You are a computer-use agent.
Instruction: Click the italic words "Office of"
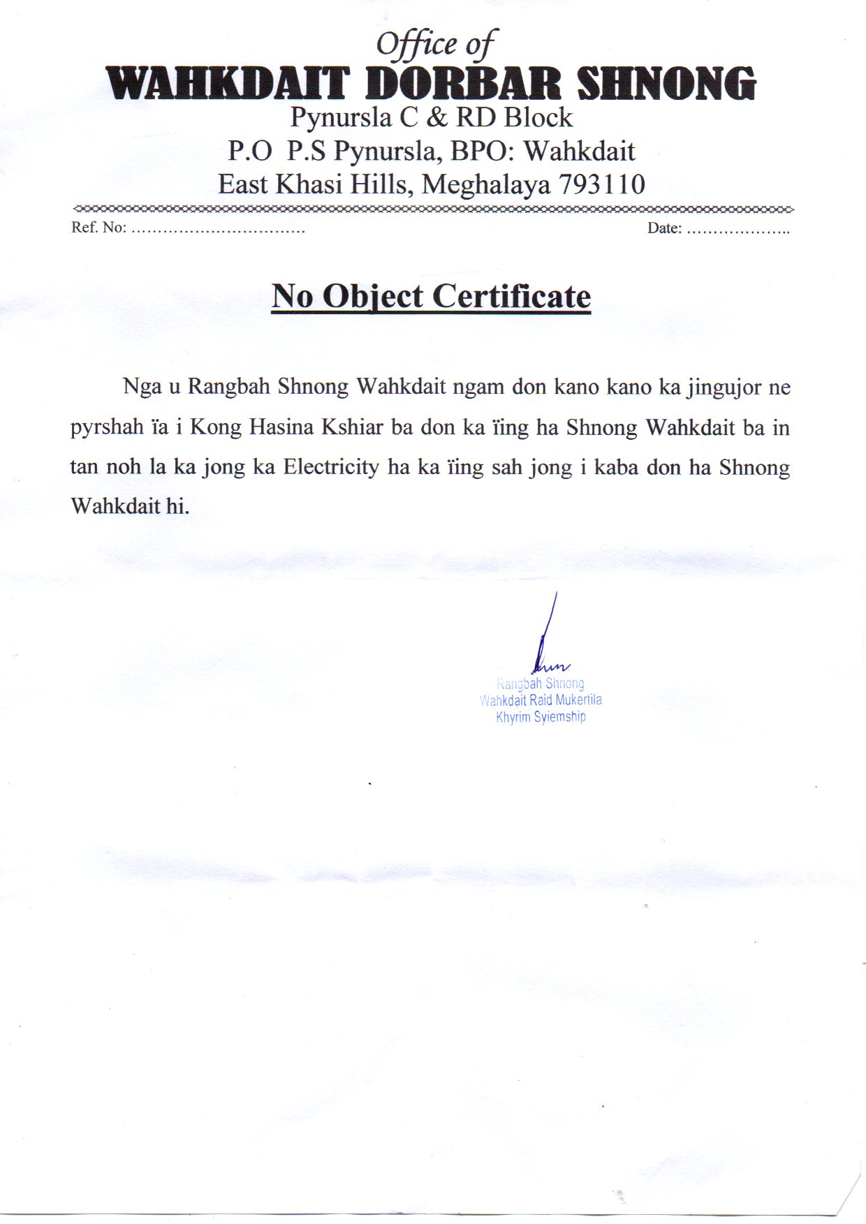436,45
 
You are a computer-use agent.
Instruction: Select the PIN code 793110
601,184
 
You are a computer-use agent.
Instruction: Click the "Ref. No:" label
98,228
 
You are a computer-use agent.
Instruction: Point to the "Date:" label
664,228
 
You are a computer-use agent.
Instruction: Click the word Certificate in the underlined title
512,296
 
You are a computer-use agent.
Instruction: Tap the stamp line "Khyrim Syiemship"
541,717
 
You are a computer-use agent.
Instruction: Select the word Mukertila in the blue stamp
578,700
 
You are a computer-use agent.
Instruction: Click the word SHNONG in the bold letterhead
666,84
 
